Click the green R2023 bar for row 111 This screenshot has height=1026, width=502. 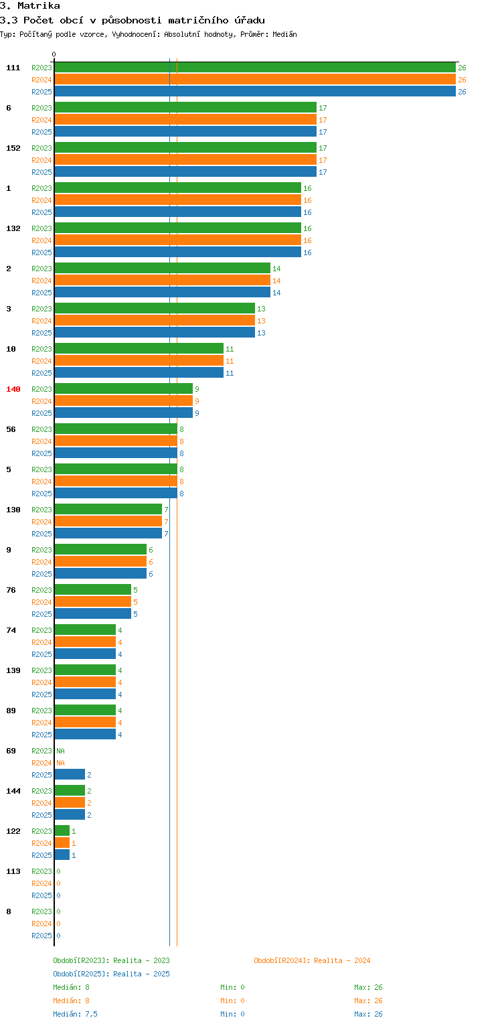tap(255, 68)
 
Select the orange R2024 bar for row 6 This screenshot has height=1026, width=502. tap(185, 120)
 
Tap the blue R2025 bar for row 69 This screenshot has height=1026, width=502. tap(70, 775)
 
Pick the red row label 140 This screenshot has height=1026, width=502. tap(13, 389)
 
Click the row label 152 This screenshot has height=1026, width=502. tap(13, 148)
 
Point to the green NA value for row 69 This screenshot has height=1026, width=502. tap(60, 751)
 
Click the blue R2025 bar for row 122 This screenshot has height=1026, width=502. tap(62, 855)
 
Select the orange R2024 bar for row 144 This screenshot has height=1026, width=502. tap(70, 803)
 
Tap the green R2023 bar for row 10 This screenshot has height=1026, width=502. tap(139, 349)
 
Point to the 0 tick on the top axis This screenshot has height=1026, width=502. tap(54, 55)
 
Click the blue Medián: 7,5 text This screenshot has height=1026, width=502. tap(75, 1014)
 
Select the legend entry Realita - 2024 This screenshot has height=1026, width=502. tap(312, 960)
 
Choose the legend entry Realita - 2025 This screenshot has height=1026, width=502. tap(111, 974)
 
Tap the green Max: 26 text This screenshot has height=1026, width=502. tap(368, 987)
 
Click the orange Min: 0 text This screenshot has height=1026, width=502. tap(232, 1001)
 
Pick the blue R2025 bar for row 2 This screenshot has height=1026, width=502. tap(163, 293)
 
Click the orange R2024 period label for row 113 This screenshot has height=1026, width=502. tap(41, 883)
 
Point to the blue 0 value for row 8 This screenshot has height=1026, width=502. tap(58, 936)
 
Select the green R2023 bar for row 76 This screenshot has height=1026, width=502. tap(93, 590)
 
